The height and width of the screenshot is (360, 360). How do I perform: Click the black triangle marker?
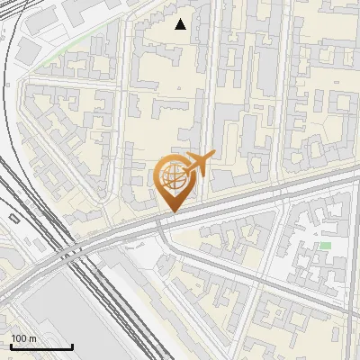181,24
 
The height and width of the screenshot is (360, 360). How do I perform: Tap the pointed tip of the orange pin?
172,212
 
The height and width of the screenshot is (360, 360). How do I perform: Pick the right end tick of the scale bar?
73,345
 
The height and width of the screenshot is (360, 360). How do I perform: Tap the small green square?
325,246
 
